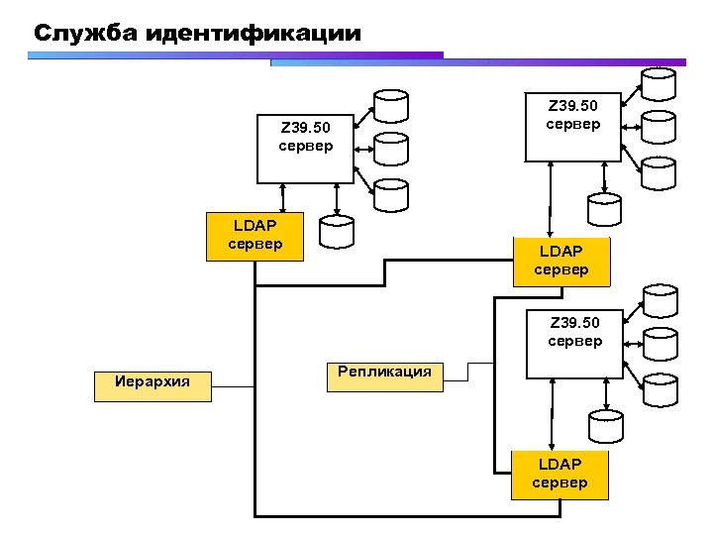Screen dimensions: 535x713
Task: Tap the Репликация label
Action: tap(384, 373)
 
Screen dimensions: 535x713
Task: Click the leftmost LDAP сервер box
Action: tap(255, 236)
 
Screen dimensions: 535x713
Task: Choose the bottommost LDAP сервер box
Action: tap(560, 474)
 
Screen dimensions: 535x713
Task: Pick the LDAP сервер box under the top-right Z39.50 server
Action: tap(561, 262)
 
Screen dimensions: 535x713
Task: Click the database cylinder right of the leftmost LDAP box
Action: tap(337, 231)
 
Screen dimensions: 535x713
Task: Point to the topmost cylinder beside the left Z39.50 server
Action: tap(390, 105)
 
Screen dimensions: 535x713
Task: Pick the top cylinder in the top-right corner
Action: tap(658, 83)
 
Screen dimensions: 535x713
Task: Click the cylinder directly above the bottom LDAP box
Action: tap(605, 425)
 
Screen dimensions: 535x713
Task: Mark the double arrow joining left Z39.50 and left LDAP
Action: tap(282, 197)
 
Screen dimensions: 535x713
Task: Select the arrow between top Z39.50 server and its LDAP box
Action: tap(548, 199)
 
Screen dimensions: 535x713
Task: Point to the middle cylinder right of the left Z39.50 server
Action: tap(390, 148)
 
